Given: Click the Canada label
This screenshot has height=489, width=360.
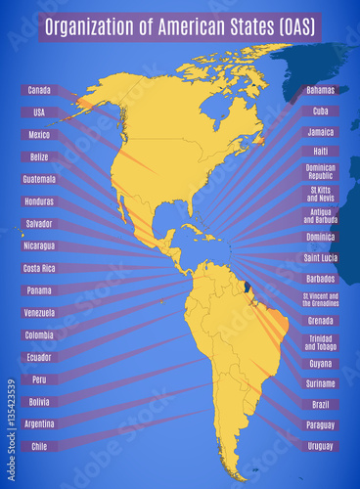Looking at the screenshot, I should [x=39, y=90].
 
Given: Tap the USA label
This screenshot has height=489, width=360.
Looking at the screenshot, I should [x=39, y=112].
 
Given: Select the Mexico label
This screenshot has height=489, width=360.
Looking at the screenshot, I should [x=39, y=135].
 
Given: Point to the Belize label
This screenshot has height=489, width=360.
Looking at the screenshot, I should [x=39, y=156].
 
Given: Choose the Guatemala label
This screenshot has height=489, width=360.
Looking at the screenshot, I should [x=39, y=179].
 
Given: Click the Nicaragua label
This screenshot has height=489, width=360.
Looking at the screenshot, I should [x=39, y=245].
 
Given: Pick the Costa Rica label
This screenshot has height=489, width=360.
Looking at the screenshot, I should [x=39, y=268].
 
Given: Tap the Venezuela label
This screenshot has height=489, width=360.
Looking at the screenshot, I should [x=39, y=312].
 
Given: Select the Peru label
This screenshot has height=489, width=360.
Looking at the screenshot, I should [x=39, y=379].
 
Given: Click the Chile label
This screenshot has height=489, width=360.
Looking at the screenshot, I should [x=39, y=446].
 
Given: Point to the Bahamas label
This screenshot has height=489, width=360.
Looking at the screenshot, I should [x=320, y=90].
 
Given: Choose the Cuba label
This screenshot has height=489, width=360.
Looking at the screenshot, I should [x=320, y=111].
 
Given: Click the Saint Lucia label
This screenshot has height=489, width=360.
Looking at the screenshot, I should [x=320, y=258].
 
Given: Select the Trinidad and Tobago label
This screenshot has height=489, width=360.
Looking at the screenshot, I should [x=320, y=342].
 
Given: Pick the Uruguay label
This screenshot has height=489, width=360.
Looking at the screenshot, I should [x=320, y=446].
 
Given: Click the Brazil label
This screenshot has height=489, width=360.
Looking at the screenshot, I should [x=320, y=404].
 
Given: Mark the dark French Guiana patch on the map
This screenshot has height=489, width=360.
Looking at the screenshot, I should [x=247, y=287].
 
